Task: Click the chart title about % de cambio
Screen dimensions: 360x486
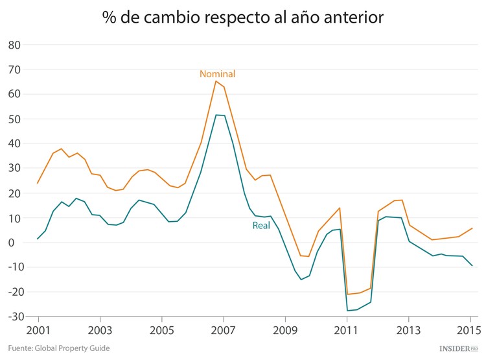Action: (x=243, y=18)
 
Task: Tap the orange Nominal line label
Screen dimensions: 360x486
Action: (x=217, y=74)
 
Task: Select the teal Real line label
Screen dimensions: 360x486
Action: (x=261, y=226)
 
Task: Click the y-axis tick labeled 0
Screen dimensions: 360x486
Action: (x=18, y=243)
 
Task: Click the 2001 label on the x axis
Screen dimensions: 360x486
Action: (x=38, y=329)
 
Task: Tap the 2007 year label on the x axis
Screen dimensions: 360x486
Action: (x=223, y=329)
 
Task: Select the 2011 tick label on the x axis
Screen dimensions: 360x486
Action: (x=347, y=329)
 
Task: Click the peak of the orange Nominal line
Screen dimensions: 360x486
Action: (x=216, y=81)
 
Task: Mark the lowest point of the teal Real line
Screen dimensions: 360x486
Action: (x=347, y=311)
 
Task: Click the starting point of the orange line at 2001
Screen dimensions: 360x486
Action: (x=38, y=183)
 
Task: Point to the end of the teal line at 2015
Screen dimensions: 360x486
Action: (x=472, y=266)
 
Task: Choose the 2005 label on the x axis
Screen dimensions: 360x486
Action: (x=161, y=329)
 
